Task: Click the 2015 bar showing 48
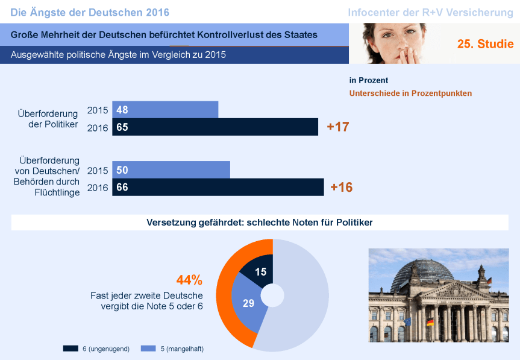pos(165,110)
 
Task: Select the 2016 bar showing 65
pos(215,127)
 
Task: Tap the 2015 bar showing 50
pos(171,170)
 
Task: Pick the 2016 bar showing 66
pos(218,187)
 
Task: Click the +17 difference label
pos(338,127)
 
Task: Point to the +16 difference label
pos(342,187)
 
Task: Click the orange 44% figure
pos(189,280)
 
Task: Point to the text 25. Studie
pos(486,44)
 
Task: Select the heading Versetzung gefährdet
pos(260,223)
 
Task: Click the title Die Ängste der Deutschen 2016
pos(90,13)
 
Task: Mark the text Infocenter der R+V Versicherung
pos(430,13)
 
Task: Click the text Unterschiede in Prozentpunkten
pos(410,93)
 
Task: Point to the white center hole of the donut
pos(272,295)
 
